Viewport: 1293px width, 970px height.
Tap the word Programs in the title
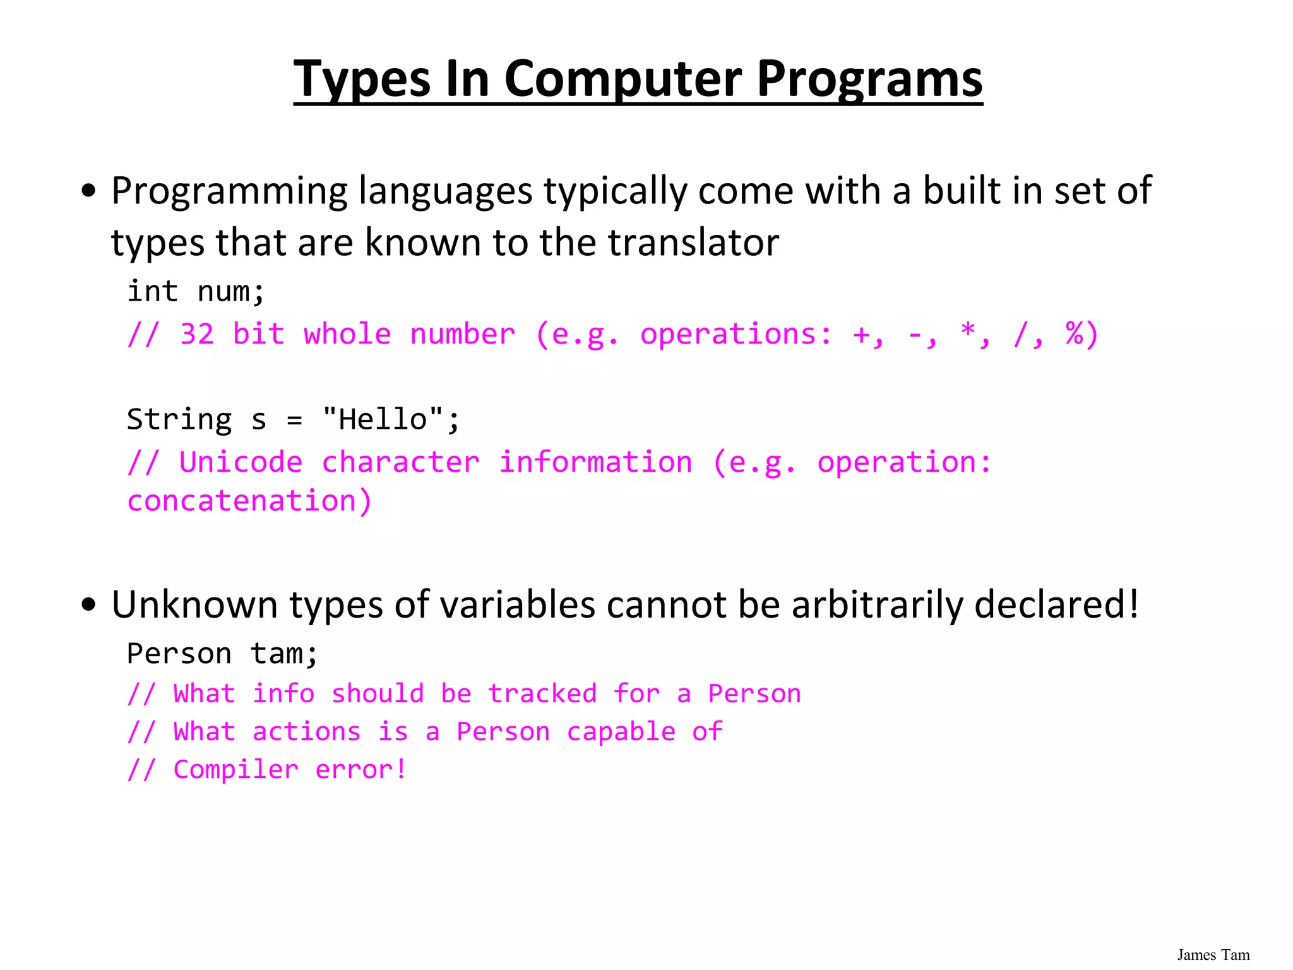(x=869, y=79)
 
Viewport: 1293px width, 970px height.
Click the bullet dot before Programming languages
(x=89, y=190)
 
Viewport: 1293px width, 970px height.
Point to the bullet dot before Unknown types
(x=89, y=604)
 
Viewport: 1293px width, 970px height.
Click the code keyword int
(x=152, y=292)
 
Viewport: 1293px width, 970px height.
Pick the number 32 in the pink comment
(x=197, y=334)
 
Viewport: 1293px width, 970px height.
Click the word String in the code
(x=179, y=420)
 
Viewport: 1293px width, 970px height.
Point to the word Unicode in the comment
(x=241, y=462)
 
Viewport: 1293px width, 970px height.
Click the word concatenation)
(x=249, y=501)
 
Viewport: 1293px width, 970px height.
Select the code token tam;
(x=285, y=654)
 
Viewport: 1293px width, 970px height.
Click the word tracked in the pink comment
(x=542, y=693)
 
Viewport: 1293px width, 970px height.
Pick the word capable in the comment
(x=621, y=732)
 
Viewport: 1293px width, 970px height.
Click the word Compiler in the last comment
(x=235, y=770)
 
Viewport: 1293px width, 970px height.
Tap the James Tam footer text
(x=1213, y=955)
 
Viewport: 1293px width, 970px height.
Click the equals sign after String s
(x=294, y=420)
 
